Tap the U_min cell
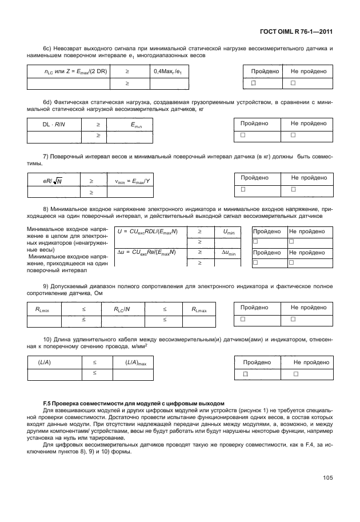(228, 232)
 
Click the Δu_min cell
(228, 253)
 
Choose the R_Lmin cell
(42, 309)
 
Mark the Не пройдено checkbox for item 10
(296, 374)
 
